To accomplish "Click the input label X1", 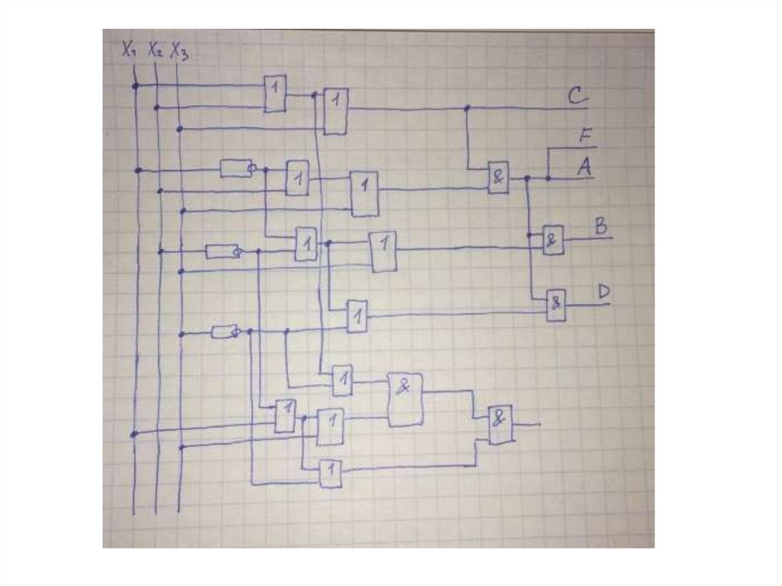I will (129, 50).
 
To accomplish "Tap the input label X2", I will (155, 50).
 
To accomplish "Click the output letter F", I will (586, 137).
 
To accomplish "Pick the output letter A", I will (585, 167).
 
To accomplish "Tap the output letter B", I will (601, 226).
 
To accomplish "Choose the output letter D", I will (603, 292).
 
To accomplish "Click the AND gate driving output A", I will (498, 178).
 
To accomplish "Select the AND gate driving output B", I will (553, 240).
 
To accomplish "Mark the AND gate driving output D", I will (556, 305).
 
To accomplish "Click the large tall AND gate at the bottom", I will (405, 399).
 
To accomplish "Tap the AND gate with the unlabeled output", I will (500, 424).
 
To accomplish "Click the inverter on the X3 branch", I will (226, 332).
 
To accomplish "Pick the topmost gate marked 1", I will (275, 94).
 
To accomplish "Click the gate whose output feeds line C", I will (335, 111).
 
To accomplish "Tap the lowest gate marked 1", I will (330, 474).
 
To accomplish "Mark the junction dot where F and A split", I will (548, 178).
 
